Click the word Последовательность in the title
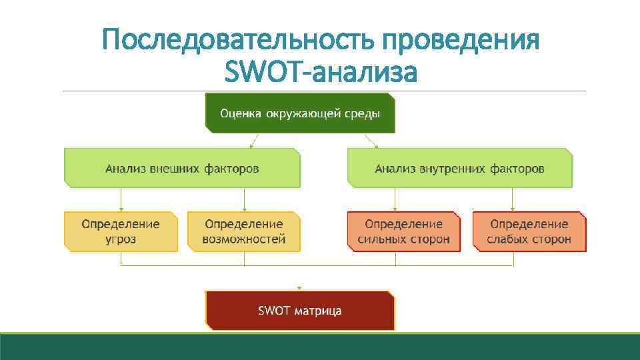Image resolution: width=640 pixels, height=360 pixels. (239, 41)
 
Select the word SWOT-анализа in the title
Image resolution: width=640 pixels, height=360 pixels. (320, 72)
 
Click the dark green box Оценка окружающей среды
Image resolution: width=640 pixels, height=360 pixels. (300, 113)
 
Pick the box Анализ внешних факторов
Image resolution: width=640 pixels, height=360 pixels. (182, 168)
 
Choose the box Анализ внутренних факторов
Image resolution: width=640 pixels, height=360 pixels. (459, 168)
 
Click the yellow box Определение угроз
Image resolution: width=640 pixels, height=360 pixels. (121, 231)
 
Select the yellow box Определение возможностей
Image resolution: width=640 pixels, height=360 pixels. (244, 231)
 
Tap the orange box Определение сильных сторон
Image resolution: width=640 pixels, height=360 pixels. (404, 231)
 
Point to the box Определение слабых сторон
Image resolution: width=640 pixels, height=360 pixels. (529, 231)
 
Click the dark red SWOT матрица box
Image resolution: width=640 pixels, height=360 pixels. (300, 311)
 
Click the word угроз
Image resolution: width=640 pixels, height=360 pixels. (121, 239)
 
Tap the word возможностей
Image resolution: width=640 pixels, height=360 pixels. (244, 239)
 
